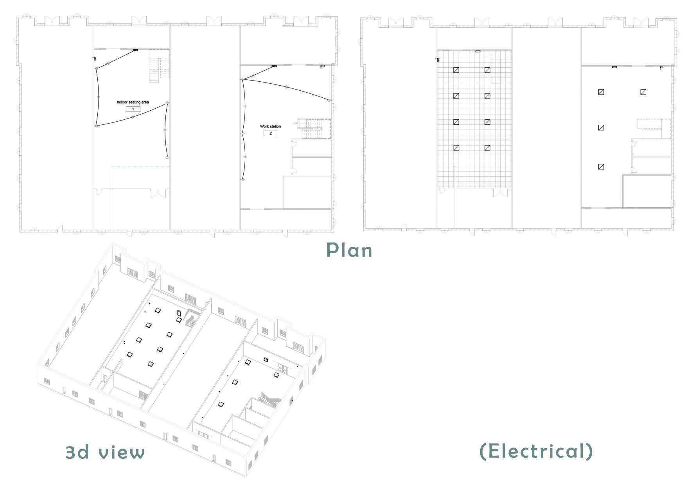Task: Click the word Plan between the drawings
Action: point(349,250)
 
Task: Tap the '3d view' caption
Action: point(105,452)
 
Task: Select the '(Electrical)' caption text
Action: point(536,451)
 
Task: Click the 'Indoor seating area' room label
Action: point(133,102)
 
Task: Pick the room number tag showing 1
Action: point(133,109)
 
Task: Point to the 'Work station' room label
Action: point(270,126)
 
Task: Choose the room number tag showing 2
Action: point(270,133)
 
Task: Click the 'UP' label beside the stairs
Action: point(295,124)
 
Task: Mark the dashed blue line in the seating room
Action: point(140,167)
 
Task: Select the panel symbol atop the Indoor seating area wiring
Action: point(135,50)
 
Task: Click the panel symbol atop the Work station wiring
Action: point(274,66)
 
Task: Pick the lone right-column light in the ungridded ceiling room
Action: point(643,92)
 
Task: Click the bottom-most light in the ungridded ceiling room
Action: point(602,167)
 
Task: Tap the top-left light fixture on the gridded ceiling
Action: point(456,70)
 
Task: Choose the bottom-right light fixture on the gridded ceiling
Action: point(487,148)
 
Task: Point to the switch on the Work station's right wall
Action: point(329,101)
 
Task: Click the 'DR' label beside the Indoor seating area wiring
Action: point(95,59)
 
